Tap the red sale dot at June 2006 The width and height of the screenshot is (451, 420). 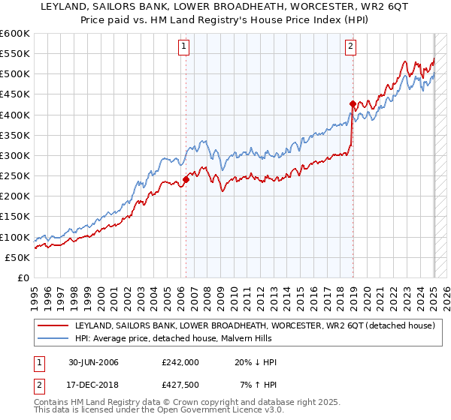click(x=186, y=179)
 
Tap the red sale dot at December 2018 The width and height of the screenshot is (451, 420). click(x=353, y=103)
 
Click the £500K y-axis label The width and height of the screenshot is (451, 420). click(x=15, y=74)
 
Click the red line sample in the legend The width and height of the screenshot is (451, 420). click(x=53, y=326)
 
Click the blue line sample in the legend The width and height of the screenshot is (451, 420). click(x=53, y=340)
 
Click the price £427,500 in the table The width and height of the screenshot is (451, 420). click(x=180, y=384)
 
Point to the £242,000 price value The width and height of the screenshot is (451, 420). click(x=180, y=362)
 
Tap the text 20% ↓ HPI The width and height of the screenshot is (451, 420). click(x=257, y=362)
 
